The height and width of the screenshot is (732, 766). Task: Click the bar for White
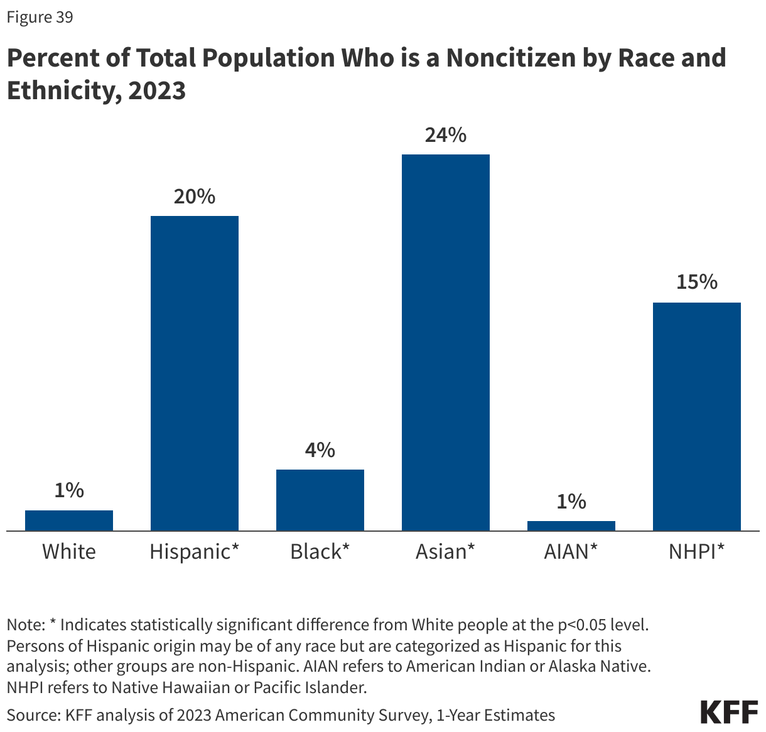click(69, 520)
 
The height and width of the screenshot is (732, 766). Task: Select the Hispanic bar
click(195, 374)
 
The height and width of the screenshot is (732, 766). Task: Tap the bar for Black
click(320, 500)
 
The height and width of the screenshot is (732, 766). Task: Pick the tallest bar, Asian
click(446, 343)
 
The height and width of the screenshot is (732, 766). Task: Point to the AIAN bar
click(571, 526)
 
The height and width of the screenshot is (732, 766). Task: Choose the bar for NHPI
click(697, 417)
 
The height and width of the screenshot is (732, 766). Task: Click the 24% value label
click(446, 135)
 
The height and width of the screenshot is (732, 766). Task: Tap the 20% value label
click(195, 196)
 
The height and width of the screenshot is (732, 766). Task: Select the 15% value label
click(697, 283)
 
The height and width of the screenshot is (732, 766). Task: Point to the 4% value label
click(320, 449)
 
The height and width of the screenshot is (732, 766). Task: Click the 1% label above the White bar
click(69, 490)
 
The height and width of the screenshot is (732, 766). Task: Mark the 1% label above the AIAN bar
click(571, 502)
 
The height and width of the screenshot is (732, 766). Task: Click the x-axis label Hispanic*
click(195, 552)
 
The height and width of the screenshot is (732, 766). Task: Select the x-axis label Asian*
click(446, 552)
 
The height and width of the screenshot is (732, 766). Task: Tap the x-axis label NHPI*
click(697, 552)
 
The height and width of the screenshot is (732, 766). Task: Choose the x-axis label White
click(69, 552)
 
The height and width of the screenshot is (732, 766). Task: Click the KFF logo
click(729, 713)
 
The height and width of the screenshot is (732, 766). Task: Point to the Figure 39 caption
click(40, 17)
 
